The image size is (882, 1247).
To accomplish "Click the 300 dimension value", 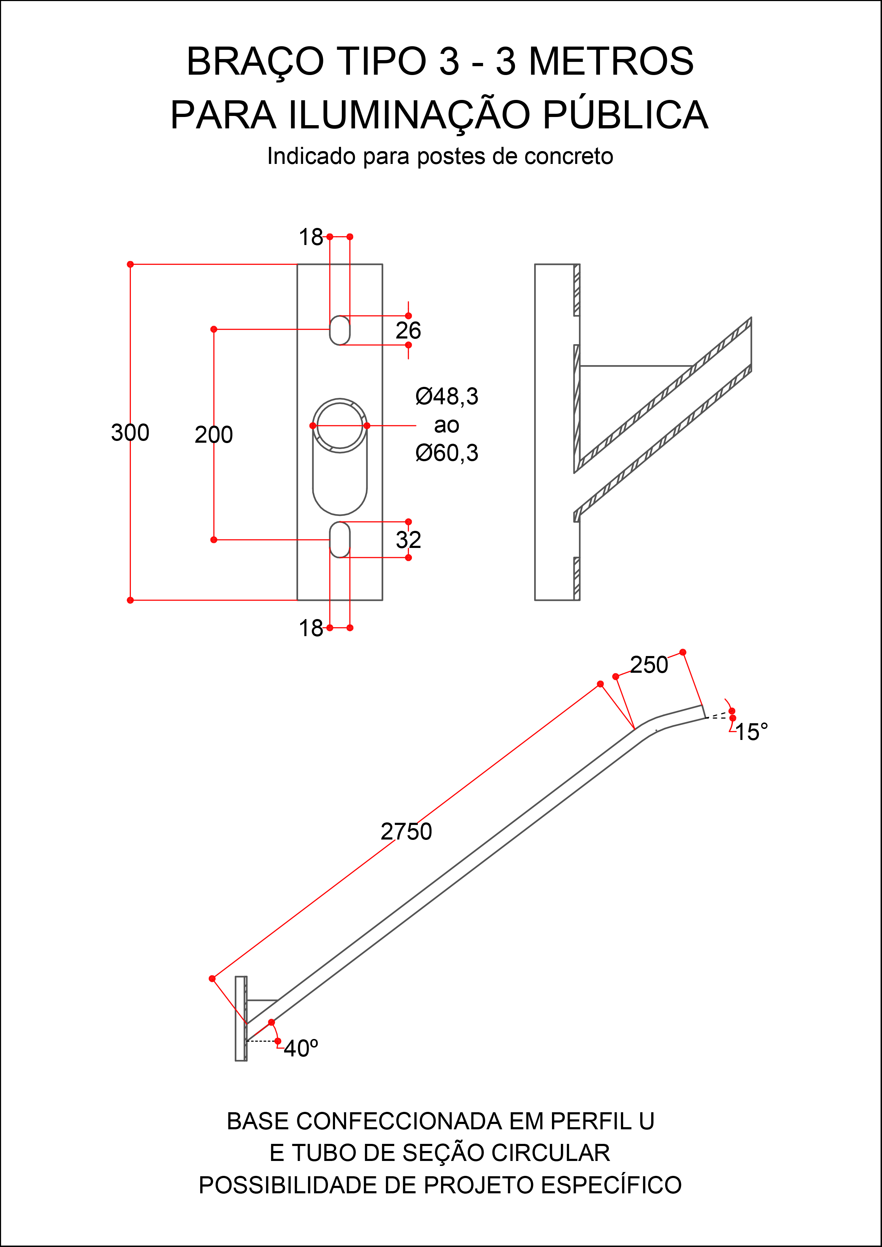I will pyautogui.click(x=130, y=433).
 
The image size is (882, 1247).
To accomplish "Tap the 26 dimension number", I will pyautogui.click(x=408, y=331).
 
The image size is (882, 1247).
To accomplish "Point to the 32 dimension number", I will pyautogui.click(x=408, y=540).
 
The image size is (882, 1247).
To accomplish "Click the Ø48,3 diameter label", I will pyautogui.click(x=446, y=396).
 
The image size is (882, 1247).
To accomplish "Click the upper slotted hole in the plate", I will pyautogui.click(x=339, y=330).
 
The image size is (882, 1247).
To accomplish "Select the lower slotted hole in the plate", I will pyautogui.click(x=339, y=540).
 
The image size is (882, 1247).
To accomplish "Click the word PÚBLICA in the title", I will pyautogui.click(x=625, y=115).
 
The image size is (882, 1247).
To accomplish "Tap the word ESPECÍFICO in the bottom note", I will pyautogui.click(x=611, y=1185).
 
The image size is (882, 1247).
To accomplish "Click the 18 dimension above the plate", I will pyautogui.click(x=310, y=237).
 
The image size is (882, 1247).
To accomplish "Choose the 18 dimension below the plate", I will pyautogui.click(x=310, y=628).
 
